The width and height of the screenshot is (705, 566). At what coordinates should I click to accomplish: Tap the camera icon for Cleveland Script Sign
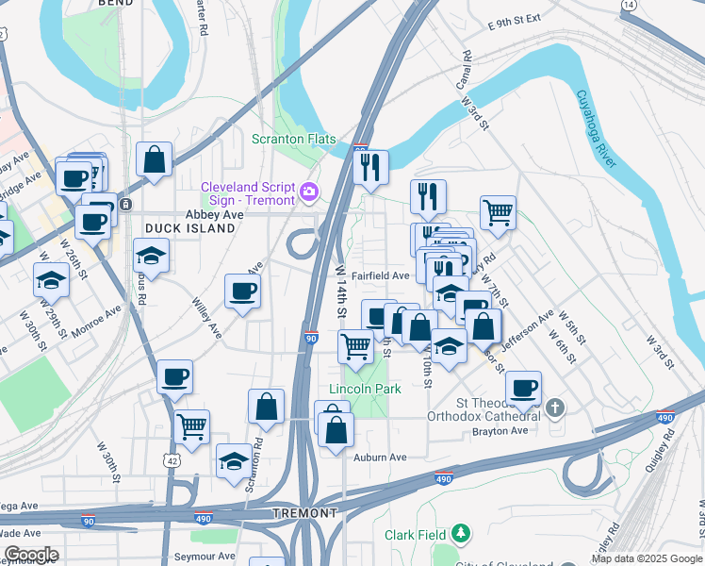click(308, 193)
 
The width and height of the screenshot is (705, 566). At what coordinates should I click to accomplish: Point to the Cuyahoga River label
click(596, 128)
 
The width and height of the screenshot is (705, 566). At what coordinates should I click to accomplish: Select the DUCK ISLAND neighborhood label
click(189, 228)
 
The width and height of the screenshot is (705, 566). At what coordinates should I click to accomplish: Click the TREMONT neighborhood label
click(304, 513)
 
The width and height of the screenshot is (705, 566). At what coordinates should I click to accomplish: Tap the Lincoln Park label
click(365, 389)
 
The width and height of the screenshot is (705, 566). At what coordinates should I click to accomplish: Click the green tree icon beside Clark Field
click(460, 534)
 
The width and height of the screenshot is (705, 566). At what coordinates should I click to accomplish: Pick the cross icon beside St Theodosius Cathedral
click(556, 408)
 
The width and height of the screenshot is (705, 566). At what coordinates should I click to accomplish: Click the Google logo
click(31, 555)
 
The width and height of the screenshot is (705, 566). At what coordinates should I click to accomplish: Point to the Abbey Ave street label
click(214, 215)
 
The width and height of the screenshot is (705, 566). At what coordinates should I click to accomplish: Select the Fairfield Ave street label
click(380, 276)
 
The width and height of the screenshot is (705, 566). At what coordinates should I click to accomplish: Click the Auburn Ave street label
click(380, 458)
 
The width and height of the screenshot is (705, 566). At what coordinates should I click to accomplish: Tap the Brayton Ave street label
click(500, 431)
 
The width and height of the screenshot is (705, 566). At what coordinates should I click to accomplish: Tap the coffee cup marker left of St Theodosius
click(523, 387)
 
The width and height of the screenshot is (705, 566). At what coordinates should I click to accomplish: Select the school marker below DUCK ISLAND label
click(151, 256)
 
